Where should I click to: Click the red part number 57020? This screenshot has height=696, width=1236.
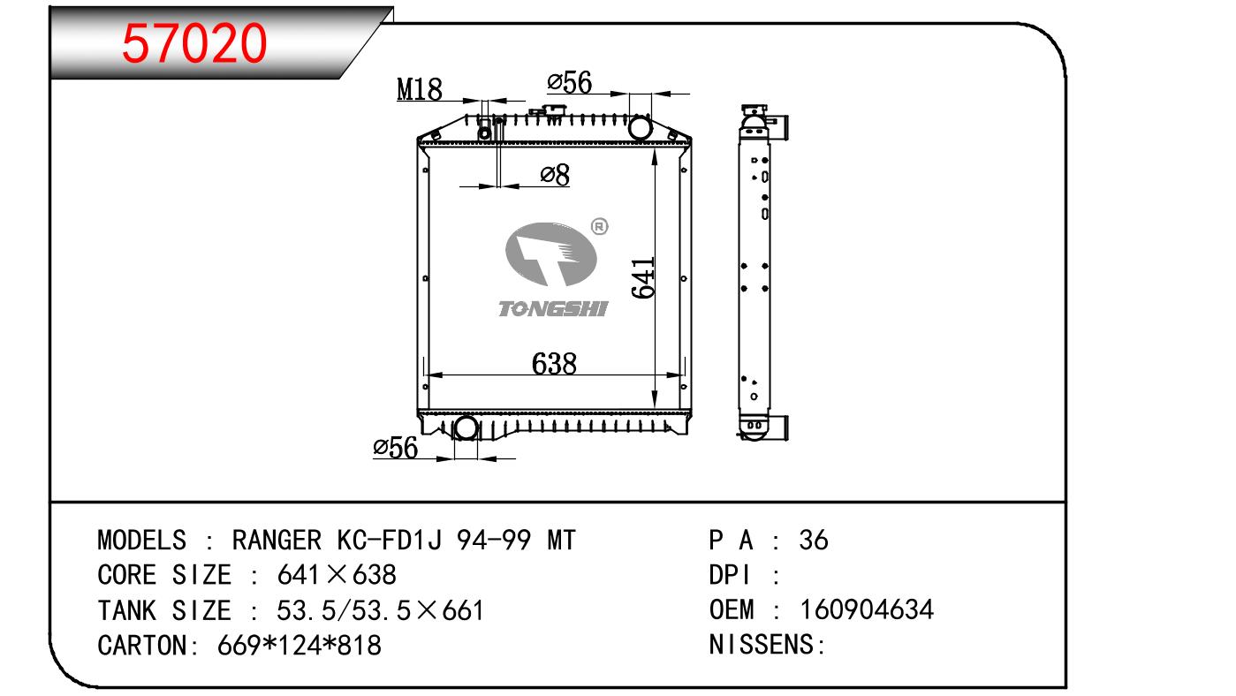point(194,43)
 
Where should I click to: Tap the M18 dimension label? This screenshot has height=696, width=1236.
point(420,89)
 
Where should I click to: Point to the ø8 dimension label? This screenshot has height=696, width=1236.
point(555,175)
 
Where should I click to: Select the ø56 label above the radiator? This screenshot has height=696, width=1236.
point(570,82)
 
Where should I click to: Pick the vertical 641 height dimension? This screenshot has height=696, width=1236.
point(643,277)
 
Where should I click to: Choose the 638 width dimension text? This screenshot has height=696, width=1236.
point(554,363)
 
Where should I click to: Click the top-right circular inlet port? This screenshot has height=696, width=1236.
point(640,128)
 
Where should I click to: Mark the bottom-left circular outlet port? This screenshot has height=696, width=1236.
point(466,428)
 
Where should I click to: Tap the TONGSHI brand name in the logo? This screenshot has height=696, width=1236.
point(553,309)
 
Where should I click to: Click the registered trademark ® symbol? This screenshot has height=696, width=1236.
point(599,226)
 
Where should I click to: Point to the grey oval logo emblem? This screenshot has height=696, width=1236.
point(550,254)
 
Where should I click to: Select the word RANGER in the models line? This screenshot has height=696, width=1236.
point(277,540)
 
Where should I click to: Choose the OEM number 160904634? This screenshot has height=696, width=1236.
point(867,609)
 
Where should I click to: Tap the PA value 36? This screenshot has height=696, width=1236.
point(814,540)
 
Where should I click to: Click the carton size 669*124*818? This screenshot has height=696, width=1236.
point(300,645)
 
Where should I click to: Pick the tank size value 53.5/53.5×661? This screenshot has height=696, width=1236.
point(380,610)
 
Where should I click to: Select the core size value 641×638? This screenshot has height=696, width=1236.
point(337,575)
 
